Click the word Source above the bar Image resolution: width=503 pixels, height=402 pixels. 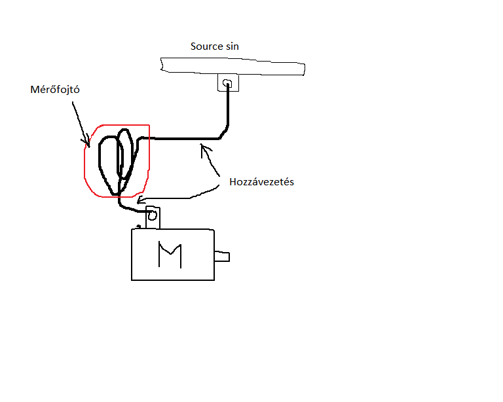coord(206,46)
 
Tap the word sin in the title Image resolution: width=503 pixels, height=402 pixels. coord(231,46)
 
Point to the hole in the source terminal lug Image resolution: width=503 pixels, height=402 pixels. coord(227,83)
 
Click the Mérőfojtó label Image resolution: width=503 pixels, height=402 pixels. coord(55,90)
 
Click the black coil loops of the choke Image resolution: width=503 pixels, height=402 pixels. coord(115,160)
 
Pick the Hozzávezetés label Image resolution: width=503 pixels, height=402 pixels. coord(261,182)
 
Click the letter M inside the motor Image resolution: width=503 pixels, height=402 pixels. coord(169,255)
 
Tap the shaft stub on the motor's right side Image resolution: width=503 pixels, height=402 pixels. coord(222,257)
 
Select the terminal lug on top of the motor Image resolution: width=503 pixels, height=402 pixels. coord(153,217)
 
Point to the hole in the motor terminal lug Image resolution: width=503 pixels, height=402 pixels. coord(152,215)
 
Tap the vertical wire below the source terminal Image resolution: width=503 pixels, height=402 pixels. coord(228,108)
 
